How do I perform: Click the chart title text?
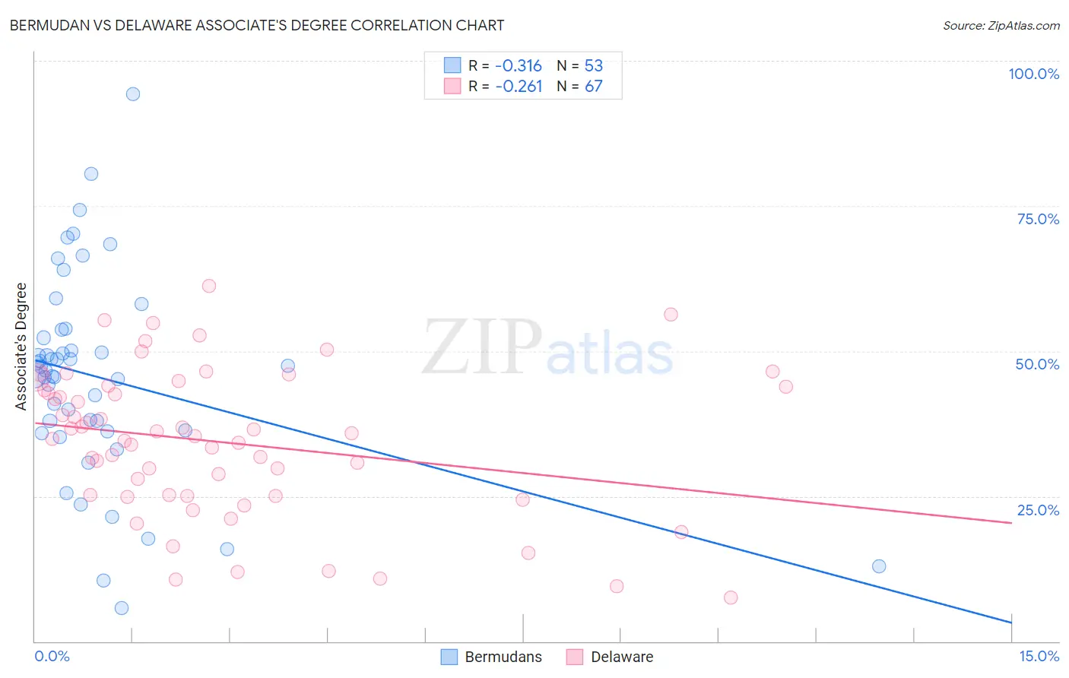(x=257, y=25)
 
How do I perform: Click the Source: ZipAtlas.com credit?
(x=1001, y=25)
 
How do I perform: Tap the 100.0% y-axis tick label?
(x=1033, y=74)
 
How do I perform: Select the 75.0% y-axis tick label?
(x=1038, y=219)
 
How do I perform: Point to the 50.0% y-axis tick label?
(x=1037, y=364)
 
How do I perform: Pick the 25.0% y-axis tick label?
(x=1038, y=510)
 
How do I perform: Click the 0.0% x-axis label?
(x=52, y=656)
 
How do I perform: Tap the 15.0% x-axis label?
(x=1039, y=656)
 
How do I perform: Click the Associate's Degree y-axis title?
(x=21, y=346)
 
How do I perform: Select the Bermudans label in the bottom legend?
(x=503, y=657)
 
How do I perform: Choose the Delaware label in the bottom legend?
(x=622, y=657)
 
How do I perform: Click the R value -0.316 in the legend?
(x=519, y=65)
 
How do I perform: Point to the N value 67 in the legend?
(x=593, y=87)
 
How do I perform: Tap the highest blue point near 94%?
(x=133, y=94)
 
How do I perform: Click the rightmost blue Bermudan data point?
(x=879, y=566)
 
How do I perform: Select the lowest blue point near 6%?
(x=122, y=608)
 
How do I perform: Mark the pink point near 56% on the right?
(x=671, y=315)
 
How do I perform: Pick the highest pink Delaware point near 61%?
(x=209, y=286)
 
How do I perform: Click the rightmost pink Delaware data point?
(x=786, y=387)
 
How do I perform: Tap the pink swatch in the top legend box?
(x=452, y=86)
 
